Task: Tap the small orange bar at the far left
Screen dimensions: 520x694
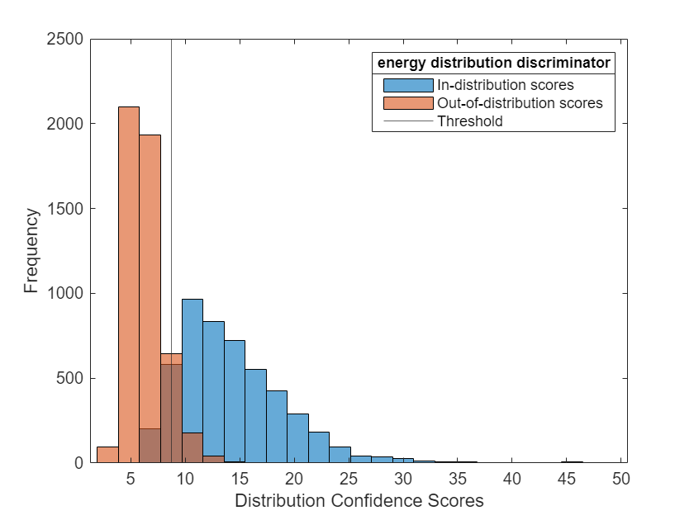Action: click(107, 455)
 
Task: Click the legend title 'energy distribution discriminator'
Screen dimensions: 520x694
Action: click(493, 63)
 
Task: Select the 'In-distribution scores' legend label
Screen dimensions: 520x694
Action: click(505, 84)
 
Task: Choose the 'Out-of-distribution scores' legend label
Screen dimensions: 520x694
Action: click(520, 103)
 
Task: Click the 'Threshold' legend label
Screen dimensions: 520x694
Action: click(469, 121)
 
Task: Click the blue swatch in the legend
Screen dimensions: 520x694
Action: click(408, 84)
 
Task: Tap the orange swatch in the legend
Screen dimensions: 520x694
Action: click(408, 103)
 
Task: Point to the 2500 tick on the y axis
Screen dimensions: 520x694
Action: click(65, 39)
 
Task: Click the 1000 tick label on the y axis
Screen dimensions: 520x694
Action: click(65, 293)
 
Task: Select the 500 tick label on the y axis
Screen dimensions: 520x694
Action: click(69, 378)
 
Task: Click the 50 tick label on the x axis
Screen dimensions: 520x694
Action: click(621, 479)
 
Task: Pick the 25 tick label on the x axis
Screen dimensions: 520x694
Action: click(349, 479)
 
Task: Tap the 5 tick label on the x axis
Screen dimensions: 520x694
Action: click(131, 479)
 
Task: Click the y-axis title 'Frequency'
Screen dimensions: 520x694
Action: click(31, 251)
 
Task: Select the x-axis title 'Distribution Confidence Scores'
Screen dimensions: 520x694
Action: click(359, 500)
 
